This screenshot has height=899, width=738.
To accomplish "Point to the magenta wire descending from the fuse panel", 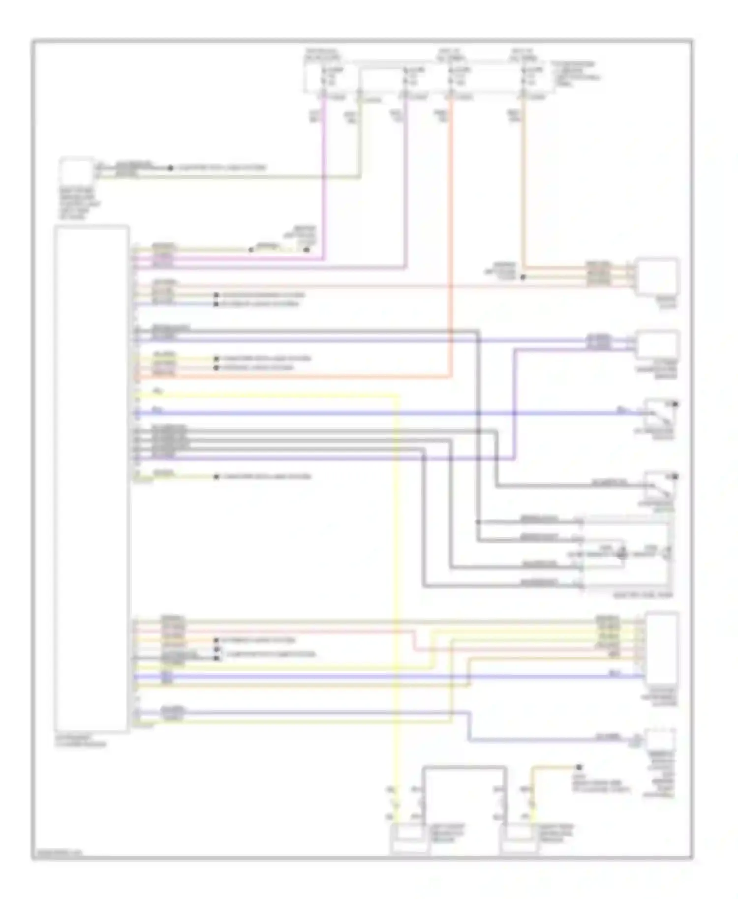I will point(324,187).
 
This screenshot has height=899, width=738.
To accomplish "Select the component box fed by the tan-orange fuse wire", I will point(656,276).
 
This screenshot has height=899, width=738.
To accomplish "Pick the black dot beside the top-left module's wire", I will point(170,168).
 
